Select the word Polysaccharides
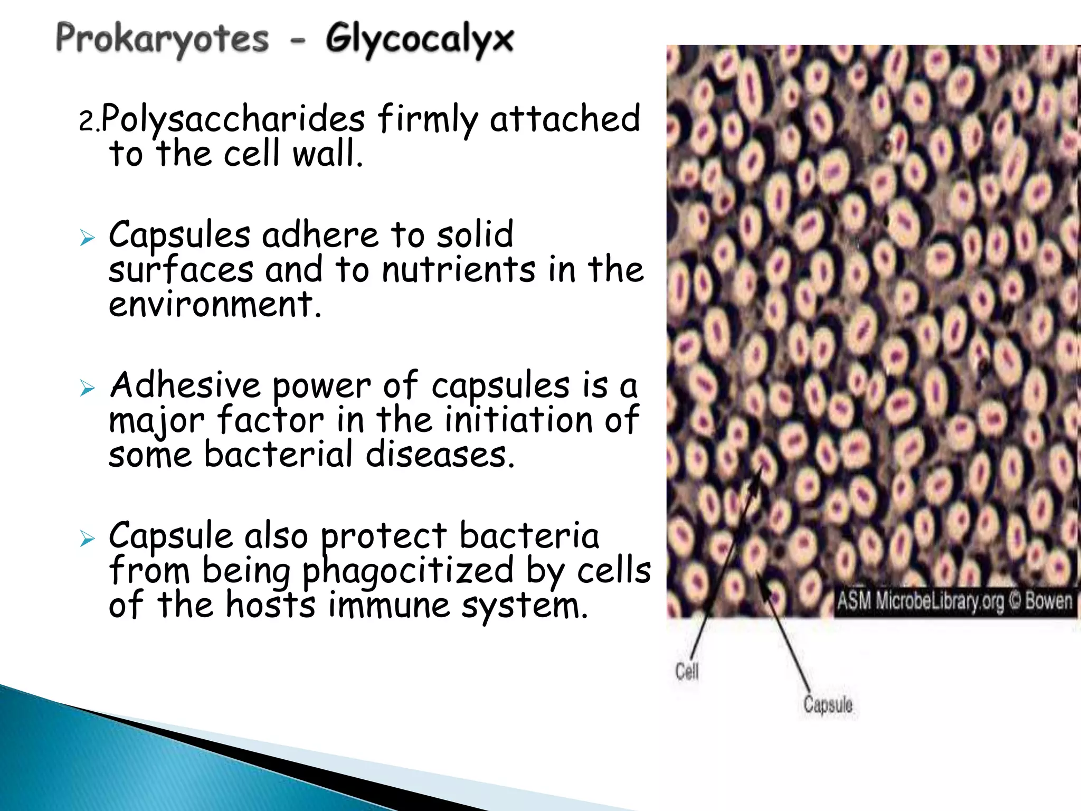click(x=233, y=119)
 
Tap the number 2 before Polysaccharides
click(x=86, y=121)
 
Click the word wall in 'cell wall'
click(x=327, y=154)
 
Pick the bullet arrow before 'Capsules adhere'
click(x=87, y=238)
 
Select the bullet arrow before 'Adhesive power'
click(x=87, y=389)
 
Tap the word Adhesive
click(x=185, y=385)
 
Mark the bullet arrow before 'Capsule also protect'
click(x=87, y=539)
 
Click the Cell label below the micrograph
click(x=686, y=672)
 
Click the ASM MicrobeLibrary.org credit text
click(x=921, y=601)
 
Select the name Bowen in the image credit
click(x=1048, y=601)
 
